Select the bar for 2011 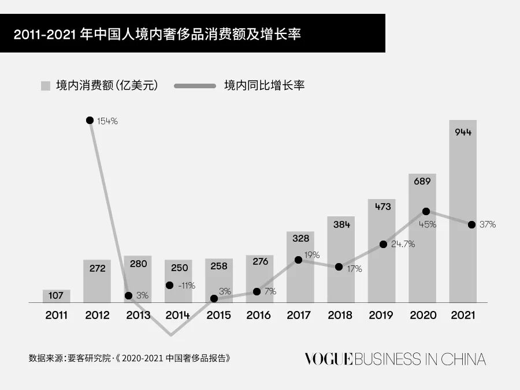point(56,296)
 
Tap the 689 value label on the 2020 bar point(422,181)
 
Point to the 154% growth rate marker point(90,120)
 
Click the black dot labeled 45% point(426,212)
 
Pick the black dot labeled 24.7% point(383,244)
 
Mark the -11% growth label point(187,285)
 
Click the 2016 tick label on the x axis point(259,316)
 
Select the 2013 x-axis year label point(138,316)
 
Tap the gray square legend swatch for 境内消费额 point(46,86)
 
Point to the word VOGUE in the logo point(328,359)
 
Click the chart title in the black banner point(157,33)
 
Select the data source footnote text point(129,358)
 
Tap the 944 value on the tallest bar point(463,132)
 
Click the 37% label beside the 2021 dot point(487,224)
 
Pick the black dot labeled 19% point(298,260)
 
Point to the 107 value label point(56,296)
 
